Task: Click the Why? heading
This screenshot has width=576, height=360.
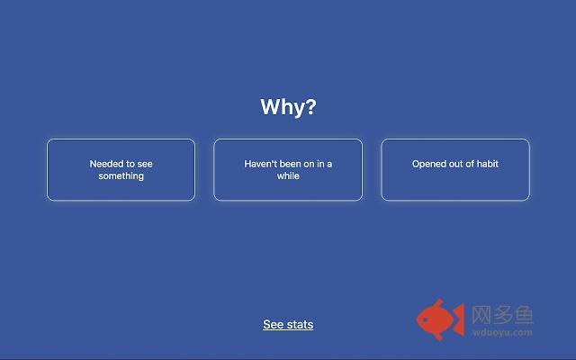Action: coord(288,107)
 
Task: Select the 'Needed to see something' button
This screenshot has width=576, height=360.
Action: coord(121,170)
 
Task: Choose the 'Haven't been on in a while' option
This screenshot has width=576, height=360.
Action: coord(288,170)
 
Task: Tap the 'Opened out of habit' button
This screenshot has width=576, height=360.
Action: coord(455,170)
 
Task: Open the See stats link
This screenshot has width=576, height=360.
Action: coord(288,324)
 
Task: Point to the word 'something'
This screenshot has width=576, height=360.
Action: coord(121,176)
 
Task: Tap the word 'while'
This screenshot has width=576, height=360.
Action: coord(288,176)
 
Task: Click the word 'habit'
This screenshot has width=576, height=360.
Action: coord(488,164)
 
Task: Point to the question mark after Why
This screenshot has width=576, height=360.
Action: coord(310,106)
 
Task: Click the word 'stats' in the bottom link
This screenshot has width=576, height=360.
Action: coord(300,324)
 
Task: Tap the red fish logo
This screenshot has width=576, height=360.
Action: coord(440,319)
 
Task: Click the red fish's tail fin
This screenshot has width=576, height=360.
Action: coord(459,319)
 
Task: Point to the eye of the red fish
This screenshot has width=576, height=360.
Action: coord(426,319)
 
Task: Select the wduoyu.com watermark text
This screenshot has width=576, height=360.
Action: coord(502,332)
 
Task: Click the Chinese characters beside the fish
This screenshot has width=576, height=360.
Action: coord(502,315)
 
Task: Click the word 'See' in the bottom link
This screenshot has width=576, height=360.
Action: coord(274,324)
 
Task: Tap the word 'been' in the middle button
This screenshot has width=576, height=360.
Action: coord(291,164)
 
